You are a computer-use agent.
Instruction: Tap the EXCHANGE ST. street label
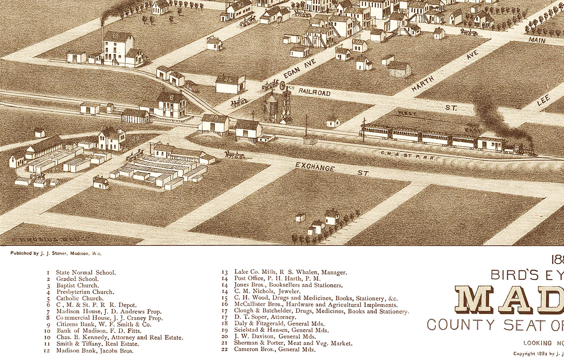point(332,170)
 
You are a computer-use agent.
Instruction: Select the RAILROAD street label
point(314,92)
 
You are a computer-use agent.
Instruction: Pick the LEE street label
point(543,100)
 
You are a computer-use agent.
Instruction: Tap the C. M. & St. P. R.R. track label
point(407,155)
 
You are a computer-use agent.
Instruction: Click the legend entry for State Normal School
point(86,273)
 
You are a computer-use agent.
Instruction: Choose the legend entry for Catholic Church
point(80,299)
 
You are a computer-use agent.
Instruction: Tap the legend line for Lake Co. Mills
point(290,272)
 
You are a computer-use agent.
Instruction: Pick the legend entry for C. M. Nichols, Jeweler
point(267,291)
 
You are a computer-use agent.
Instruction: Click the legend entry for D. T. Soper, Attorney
point(265,317)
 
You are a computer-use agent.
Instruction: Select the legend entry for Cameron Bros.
point(275,349)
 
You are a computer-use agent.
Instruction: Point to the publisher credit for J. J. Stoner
point(56,253)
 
